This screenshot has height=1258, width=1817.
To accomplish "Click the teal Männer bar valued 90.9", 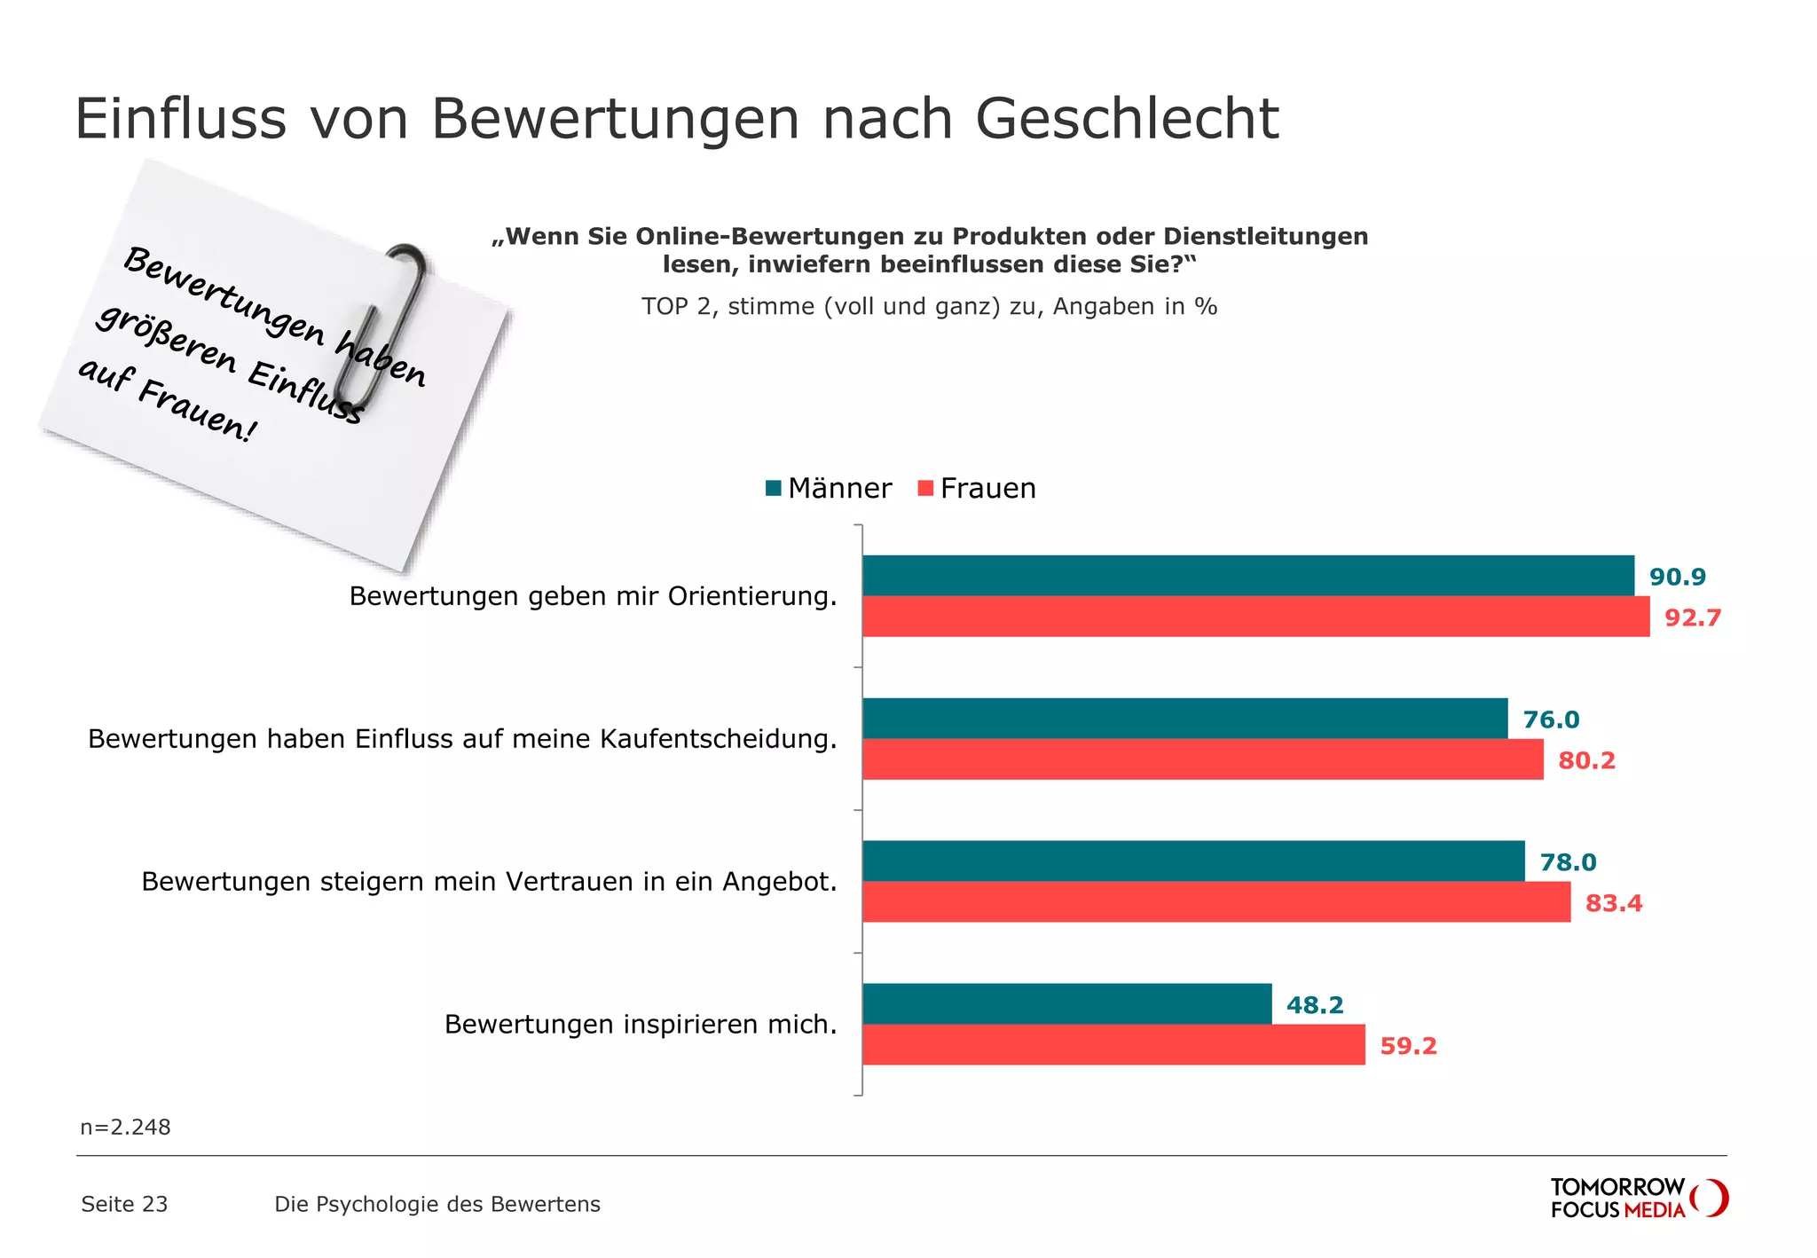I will [1247, 576].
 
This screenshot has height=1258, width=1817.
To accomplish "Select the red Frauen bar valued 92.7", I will [1255, 617].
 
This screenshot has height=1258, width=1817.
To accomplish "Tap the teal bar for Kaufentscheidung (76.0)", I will [1184, 719].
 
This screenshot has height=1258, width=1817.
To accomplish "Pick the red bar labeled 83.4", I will [1215, 902].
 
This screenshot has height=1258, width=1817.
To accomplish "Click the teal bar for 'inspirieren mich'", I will [1066, 1004].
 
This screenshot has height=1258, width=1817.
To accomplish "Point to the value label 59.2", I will [1408, 1046].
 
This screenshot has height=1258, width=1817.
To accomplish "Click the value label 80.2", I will [1586, 760].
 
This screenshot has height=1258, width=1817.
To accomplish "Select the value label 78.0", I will [1568, 862].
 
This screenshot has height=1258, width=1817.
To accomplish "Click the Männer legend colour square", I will [773, 488].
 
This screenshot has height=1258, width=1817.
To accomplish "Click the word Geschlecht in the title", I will [1127, 118].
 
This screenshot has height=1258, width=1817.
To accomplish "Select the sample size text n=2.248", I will [125, 1127].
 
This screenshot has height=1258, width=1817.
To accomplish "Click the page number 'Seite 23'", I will [124, 1204].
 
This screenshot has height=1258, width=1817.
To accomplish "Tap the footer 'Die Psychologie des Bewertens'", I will [437, 1204].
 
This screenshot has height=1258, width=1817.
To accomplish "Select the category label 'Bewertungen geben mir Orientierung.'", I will [593, 596].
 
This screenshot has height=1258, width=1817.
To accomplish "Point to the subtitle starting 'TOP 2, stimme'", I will [929, 307].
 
